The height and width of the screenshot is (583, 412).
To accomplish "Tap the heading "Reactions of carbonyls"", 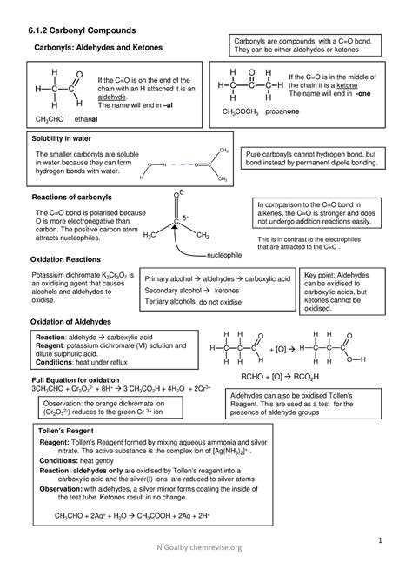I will [73, 198].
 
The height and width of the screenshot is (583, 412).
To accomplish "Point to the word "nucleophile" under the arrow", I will [229, 255].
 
